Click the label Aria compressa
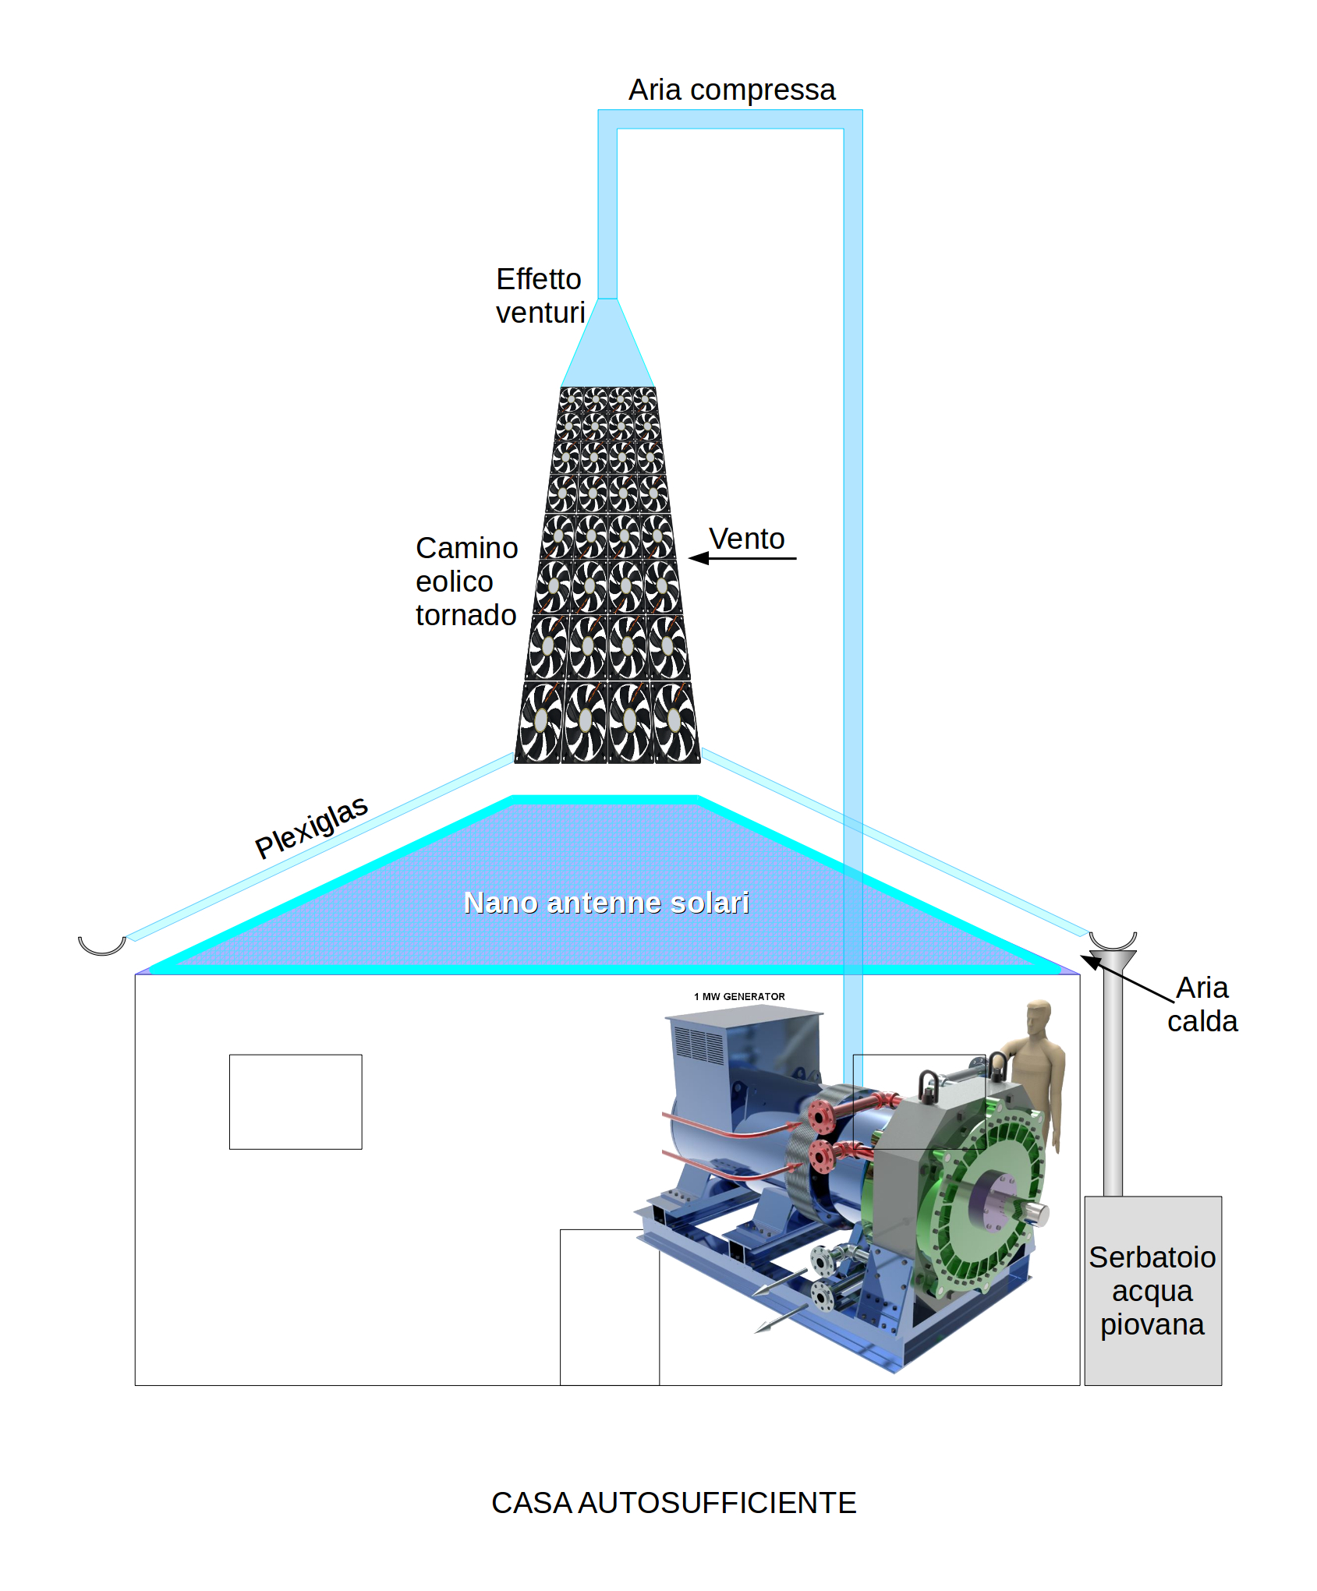pos(731,90)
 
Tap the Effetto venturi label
pos(540,295)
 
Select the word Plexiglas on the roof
pos(311,827)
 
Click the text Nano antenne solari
pos(606,903)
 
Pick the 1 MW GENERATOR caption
pos(739,996)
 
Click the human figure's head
pos(1039,1016)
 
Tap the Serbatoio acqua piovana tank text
pos(1152,1291)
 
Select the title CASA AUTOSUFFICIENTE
pos(674,1503)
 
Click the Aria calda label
pos(1202,1004)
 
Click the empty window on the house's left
pos(296,1101)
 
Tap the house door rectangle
pos(610,1307)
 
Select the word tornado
pos(466,615)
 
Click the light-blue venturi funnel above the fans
pos(607,343)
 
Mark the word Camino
pos(466,548)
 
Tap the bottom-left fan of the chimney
pos(540,722)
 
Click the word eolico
pos(454,582)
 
